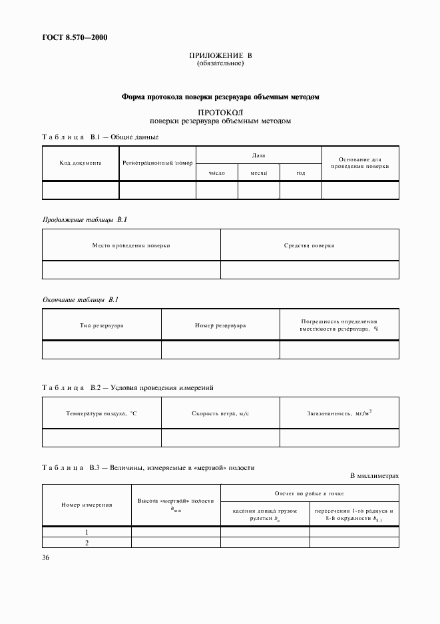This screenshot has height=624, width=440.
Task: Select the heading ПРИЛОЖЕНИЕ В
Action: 220,56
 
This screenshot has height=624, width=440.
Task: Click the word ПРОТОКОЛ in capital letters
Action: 220,112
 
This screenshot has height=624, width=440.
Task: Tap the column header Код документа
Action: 81,162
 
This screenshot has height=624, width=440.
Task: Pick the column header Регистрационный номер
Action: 157,162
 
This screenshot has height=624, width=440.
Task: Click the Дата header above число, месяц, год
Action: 258,155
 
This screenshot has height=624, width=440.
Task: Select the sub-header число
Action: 217,173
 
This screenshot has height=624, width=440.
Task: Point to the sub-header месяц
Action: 259,173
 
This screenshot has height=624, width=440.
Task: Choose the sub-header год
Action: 301,173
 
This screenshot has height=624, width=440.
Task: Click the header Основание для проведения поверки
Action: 360,163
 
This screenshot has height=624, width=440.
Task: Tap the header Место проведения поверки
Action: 131,245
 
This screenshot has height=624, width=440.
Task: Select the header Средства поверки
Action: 310,245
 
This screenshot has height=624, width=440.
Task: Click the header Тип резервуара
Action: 102,325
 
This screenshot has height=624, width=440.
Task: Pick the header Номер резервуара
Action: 220,325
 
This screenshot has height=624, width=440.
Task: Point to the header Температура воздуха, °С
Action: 102,413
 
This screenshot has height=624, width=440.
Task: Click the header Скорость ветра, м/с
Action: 220,413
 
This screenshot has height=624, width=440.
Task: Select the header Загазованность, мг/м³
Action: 339,413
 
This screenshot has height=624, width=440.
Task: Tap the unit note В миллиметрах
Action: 374,476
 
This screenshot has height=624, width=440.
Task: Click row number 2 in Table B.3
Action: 87,543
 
